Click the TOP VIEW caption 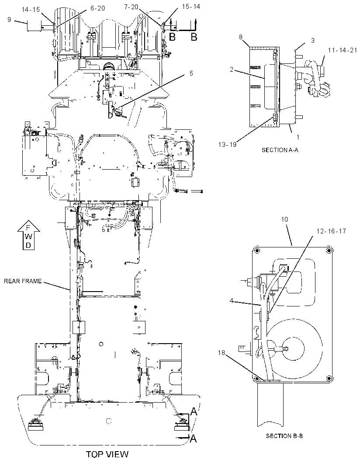click(107, 454)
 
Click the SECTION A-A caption click(280, 150)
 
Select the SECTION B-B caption click(284, 436)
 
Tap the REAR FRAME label click(23, 281)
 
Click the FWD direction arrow click(28, 235)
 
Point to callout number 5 click(191, 73)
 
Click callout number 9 click(9, 20)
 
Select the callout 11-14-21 click(343, 51)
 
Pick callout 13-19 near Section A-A click(227, 144)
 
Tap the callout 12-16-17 click(331, 231)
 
